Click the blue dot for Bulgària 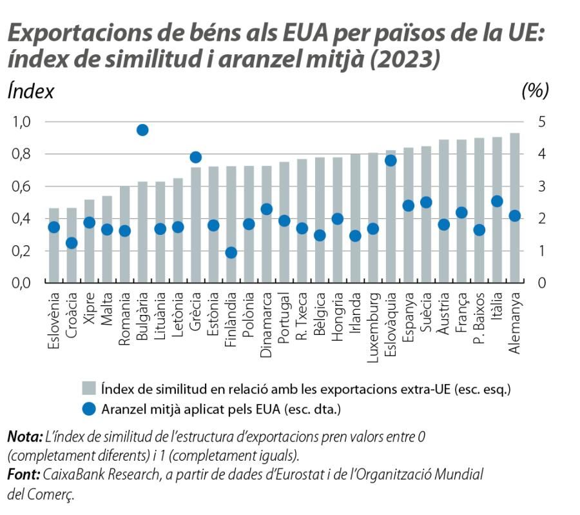coord(143,130)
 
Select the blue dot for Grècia coord(196,157)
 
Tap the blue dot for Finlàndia coord(231,252)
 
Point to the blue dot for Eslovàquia coord(391,161)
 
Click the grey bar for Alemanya coord(514,208)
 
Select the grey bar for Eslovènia coord(54,245)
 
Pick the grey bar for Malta coord(107,239)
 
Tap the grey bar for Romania coord(125,234)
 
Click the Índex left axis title coord(30,91)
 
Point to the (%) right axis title coord(534,91)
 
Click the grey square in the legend coord(89,389)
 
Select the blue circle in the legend coord(89,409)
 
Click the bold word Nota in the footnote coord(22,437)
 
